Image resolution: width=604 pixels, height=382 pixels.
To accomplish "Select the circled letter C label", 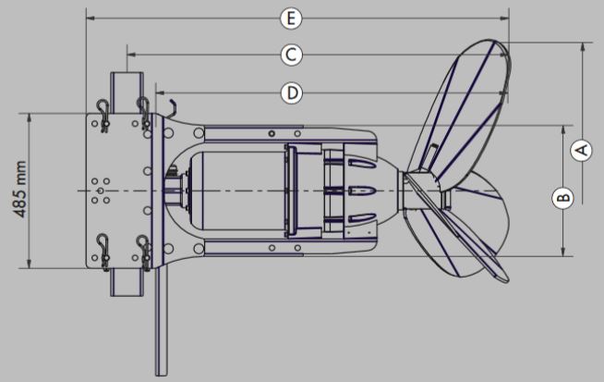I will [x=290, y=55].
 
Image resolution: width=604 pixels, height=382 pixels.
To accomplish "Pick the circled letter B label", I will [x=563, y=195].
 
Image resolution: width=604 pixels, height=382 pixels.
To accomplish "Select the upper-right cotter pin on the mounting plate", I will [x=143, y=109].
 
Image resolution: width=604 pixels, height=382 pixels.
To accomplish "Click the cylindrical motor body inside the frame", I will [x=231, y=191].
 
